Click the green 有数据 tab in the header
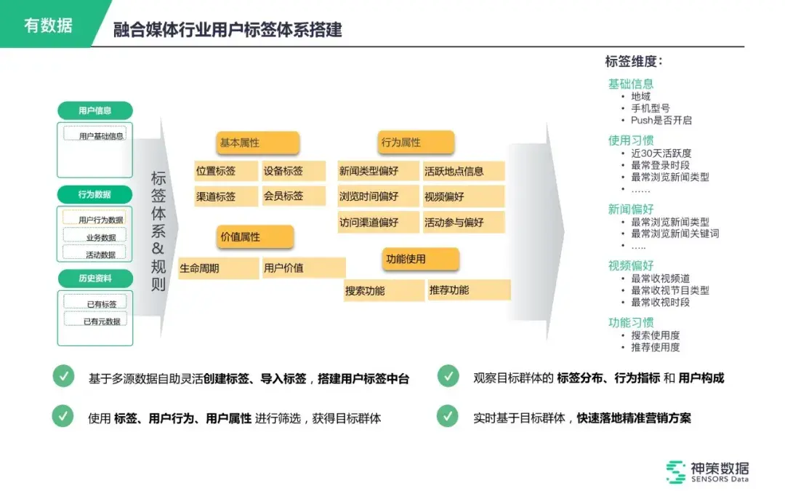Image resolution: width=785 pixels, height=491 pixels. pyautogui.click(x=48, y=25)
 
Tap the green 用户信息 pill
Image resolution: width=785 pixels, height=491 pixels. pyautogui.click(x=95, y=111)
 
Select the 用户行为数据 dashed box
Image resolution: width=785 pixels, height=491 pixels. pyautogui.click(x=95, y=219)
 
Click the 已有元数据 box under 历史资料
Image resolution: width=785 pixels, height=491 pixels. pyautogui.click(x=95, y=320)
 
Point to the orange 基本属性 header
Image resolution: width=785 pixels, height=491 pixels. pyautogui.click(x=257, y=143)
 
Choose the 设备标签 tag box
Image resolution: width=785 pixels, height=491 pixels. pyautogui.click(x=283, y=172)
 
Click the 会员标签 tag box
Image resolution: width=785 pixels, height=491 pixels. pyautogui.click(x=283, y=196)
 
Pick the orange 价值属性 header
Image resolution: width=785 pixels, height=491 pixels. pyautogui.click(x=254, y=237)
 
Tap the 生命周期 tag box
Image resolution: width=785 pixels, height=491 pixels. pyautogui.click(x=218, y=268)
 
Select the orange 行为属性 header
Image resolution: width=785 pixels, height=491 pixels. pyautogui.click(x=416, y=143)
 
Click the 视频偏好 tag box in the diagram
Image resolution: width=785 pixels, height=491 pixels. pyautogui.click(x=463, y=196)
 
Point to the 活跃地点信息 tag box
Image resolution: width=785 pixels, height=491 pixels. pyautogui.click(x=463, y=172)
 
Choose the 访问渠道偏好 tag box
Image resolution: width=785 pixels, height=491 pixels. pyautogui.click(x=379, y=222)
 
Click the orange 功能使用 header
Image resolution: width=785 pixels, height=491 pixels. pyautogui.click(x=420, y=259)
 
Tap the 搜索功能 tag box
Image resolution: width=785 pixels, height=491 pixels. pyautogui.click(x=385, y=290)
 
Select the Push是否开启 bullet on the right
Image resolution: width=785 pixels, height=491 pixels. pyautogui.click(x=661, y=120)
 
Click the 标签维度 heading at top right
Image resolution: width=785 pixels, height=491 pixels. pyautogui.click(x=634, y=62)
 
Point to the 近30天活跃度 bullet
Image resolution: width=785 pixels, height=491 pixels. pyautogui.click(x=661, y=153)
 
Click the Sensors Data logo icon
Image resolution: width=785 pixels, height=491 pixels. pyautogui.click(x=676, y=471)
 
